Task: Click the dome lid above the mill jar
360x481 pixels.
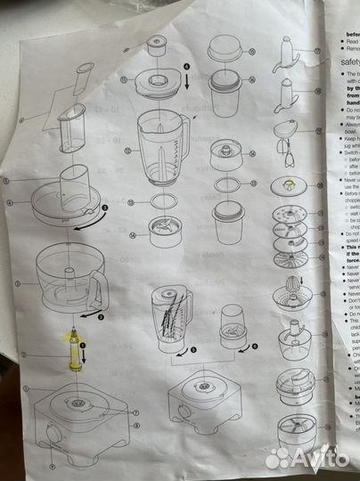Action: (225, 48)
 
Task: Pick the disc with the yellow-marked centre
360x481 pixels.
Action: (290, 188)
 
